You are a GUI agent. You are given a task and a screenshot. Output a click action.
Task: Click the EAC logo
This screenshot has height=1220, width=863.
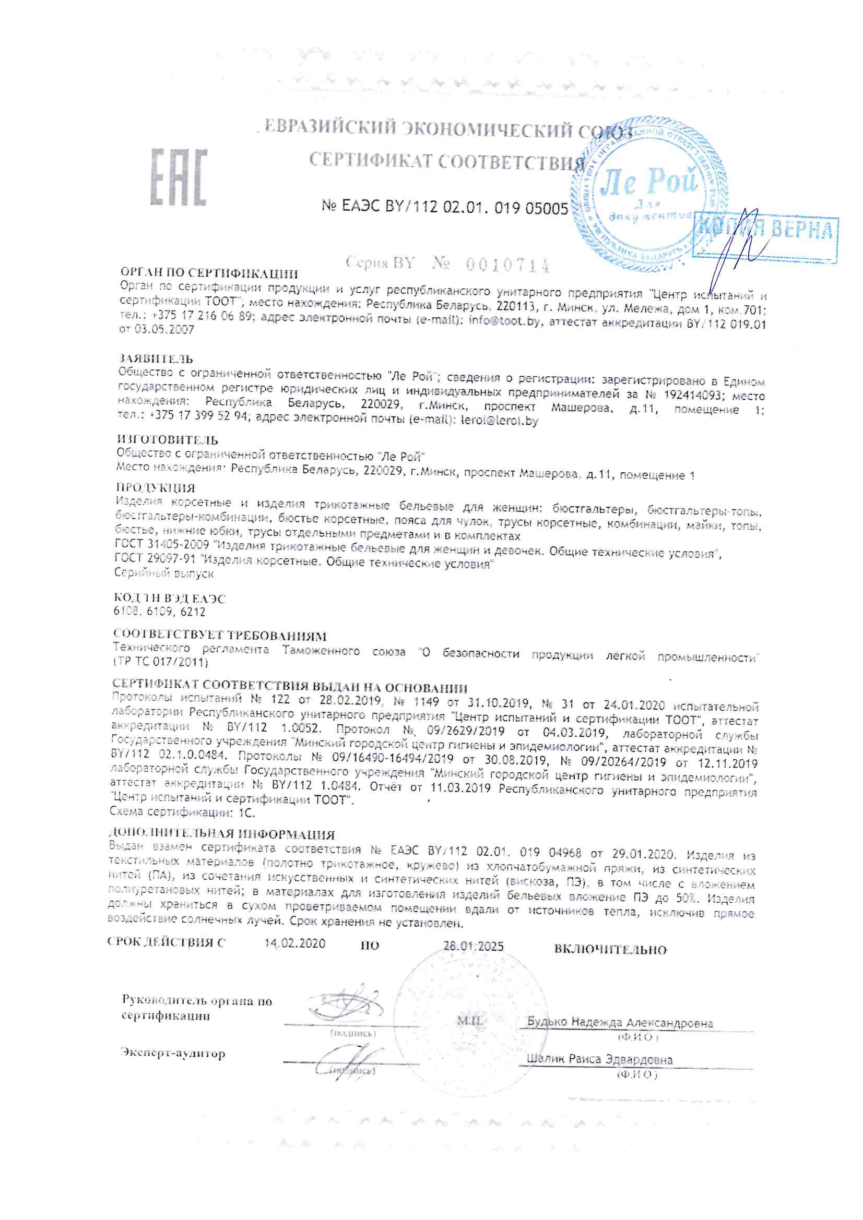[178, 177]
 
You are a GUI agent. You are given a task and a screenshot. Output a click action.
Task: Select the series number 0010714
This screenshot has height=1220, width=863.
[507, 264]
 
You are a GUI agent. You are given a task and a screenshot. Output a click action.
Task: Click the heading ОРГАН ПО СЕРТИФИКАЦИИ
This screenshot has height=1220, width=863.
[209, 273]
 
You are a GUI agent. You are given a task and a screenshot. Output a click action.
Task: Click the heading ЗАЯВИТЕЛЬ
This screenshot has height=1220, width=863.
[156, 359]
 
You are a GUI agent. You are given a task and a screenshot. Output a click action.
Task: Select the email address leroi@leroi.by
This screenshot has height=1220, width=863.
[499, 421]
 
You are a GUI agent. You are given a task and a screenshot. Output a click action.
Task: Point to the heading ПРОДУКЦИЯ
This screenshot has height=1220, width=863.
[156, 487]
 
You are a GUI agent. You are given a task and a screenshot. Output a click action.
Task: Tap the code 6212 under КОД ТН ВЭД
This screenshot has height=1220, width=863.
[193, 612]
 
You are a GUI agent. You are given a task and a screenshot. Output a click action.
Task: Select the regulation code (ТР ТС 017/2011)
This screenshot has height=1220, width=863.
[161, 662]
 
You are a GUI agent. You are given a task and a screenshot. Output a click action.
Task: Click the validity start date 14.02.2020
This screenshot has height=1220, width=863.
[294, 942]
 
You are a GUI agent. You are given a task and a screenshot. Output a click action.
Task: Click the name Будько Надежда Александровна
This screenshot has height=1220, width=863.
[620, 1022]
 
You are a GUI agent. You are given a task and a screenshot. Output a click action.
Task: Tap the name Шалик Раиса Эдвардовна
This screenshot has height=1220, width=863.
[599, 1059]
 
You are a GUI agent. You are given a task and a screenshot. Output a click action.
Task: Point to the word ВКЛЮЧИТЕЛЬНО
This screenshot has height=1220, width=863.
[610, 949]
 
